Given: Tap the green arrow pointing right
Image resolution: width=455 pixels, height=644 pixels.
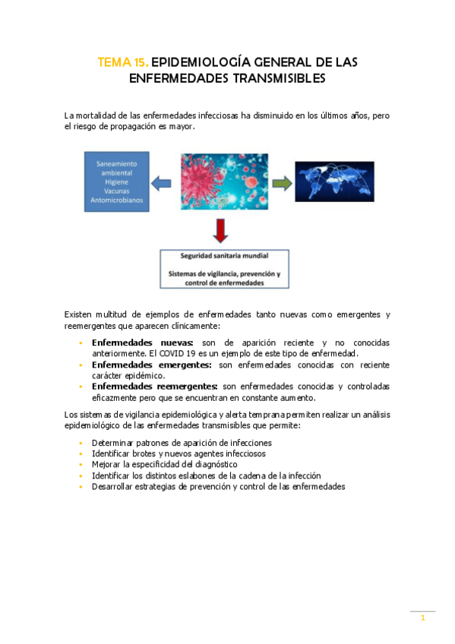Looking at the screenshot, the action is [x=280, y=183].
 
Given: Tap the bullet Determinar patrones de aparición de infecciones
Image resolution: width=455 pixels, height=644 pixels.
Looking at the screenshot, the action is [x=182, y=443].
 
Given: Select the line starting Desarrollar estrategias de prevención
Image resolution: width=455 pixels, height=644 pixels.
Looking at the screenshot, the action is [x=218, y=486].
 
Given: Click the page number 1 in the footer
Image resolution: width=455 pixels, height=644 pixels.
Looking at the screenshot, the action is [x=423, y=619].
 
